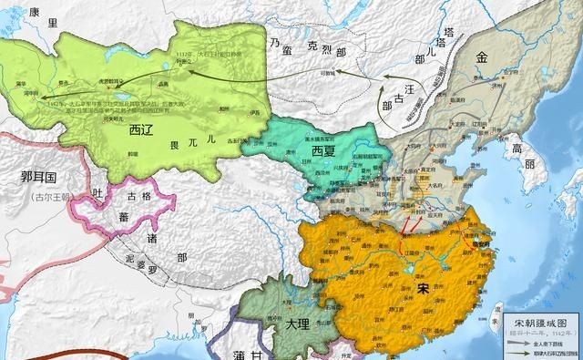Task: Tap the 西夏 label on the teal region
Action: [329, 149]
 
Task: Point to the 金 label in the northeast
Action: [481, 57]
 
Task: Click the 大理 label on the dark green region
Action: [295, 324]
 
